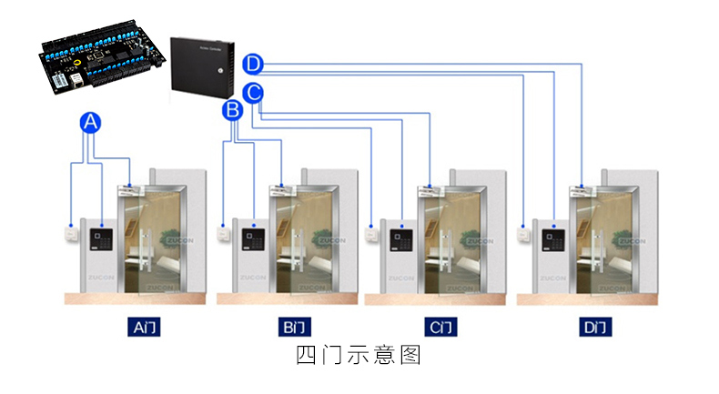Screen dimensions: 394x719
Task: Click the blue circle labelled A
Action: pyautogui.click(x=89, y=123)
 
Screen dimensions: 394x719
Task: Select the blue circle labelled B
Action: pyautogui.click(x=232, y=111)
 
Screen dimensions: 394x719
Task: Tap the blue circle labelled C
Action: pyautogui.click(x=254, y=91)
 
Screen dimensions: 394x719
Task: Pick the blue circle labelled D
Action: pyautogui.click(x=254, y=64)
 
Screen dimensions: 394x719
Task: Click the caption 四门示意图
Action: pyautogui.click(x=359, y=354)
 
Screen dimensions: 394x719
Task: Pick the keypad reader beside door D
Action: pyautogui.click(x=553, y=239)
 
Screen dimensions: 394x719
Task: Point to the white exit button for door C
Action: pyautogui.click(x=372, y=231)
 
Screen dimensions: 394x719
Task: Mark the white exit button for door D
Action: pyautogui.click(x=523, y=231)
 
